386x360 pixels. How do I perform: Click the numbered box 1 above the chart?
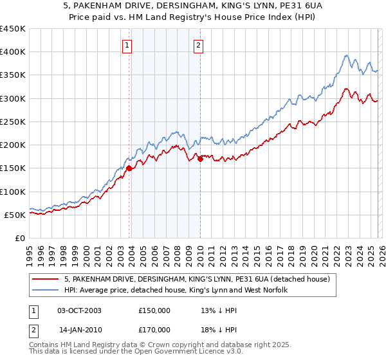click(127, 45)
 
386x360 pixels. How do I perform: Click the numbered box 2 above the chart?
click(198, 45)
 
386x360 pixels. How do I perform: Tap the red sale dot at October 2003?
click(129, 168)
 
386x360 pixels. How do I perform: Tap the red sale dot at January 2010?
click(200, 159)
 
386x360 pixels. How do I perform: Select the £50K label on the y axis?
click(15, 215)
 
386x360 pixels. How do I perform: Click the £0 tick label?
click(21, 238)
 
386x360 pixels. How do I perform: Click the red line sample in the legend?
click(46, 279)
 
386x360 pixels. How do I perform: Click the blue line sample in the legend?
click(46, 291)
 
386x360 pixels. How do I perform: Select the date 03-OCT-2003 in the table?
click(79, 310)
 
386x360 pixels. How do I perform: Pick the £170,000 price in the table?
click(154, 329)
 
